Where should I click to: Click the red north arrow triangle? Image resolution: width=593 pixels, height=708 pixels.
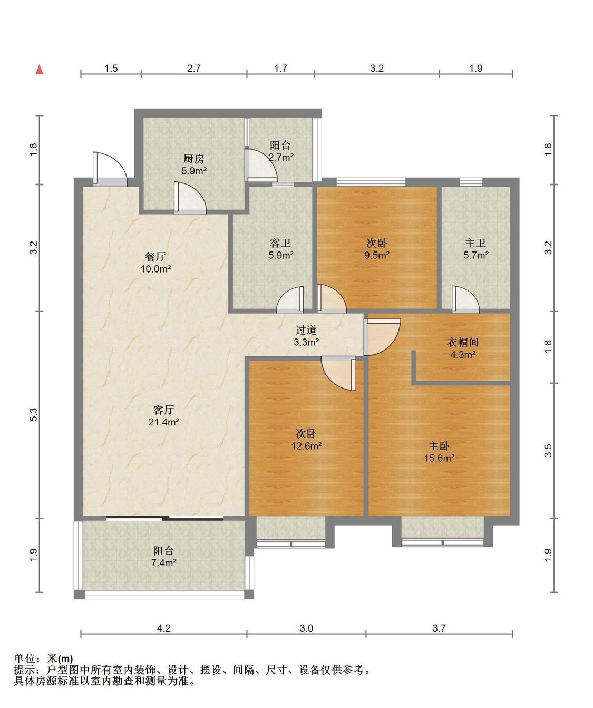tap(40, 69)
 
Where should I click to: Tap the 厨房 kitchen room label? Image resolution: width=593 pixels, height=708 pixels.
tap(193, 158)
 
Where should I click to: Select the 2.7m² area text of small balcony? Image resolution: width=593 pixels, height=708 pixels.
tap(281, 157)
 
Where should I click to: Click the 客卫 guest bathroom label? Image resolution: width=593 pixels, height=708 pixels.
tap(280, 243)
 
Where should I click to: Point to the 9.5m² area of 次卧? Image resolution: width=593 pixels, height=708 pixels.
tap(377, 255)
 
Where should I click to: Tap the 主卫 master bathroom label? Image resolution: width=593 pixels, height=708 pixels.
tap(475, 243)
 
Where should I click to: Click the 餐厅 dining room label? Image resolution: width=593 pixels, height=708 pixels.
tap(155, 256)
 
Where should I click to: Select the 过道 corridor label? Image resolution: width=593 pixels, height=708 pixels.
tap(306, 329)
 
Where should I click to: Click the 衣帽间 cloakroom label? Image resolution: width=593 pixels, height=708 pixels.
tap(462, 342)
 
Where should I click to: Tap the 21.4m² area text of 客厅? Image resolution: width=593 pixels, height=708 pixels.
tap(164, 422)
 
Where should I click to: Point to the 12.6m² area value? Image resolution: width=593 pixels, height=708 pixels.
tap(306, 446)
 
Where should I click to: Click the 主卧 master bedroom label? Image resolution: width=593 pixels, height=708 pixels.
tap(439, 446)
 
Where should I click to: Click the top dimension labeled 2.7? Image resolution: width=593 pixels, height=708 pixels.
tap(193, 69)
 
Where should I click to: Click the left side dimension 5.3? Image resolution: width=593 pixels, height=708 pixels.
tap(33, 414)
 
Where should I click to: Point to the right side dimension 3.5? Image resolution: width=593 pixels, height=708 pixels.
tap(548, 451)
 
